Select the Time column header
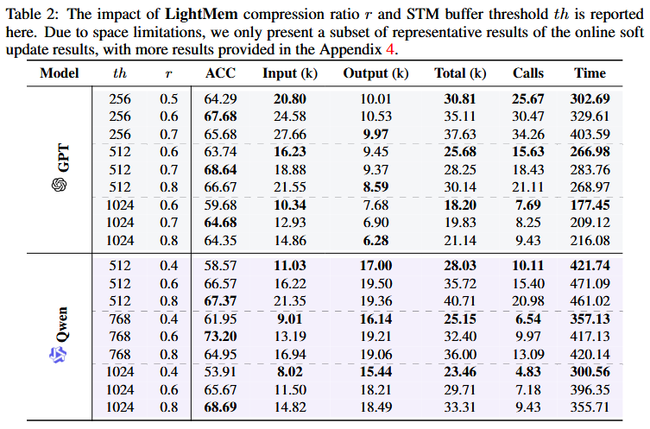pyautogui.click(x=590, y=73)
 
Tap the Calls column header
pyautogui.click(x=527, y=73)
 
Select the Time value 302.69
pyautogui.click(x=590, y=98)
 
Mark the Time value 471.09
pyautogui.click(x=590, y=283)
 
